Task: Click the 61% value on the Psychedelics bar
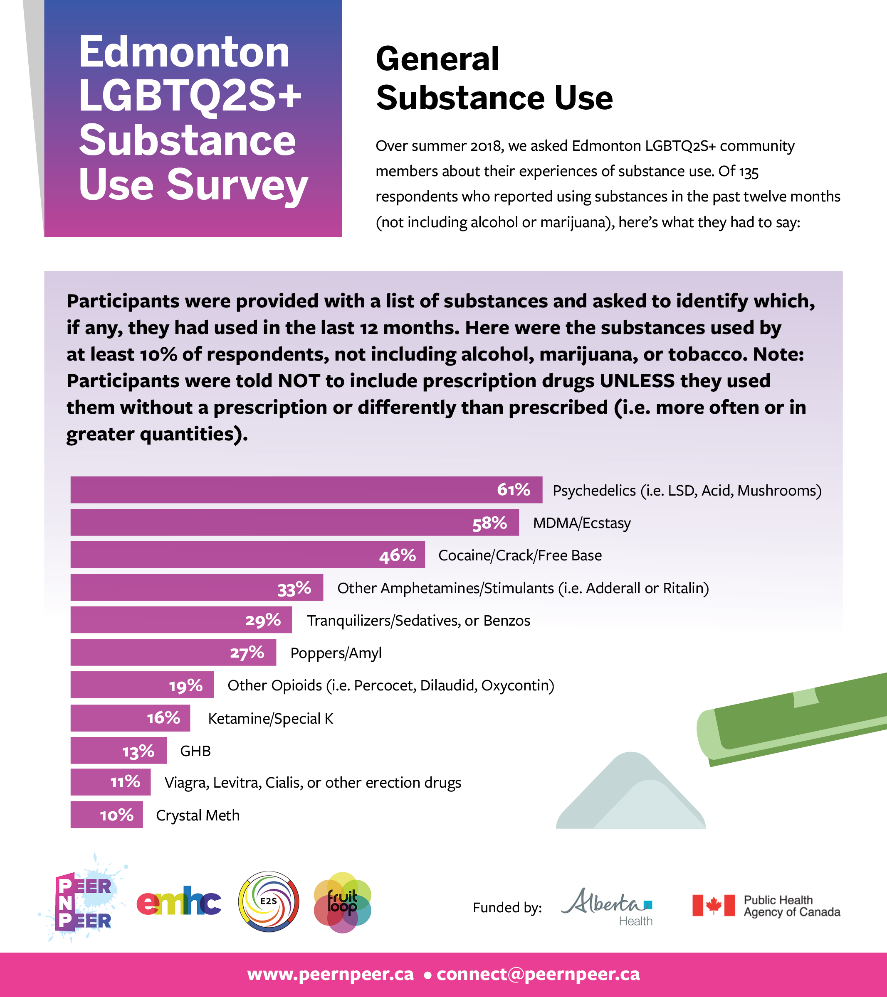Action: point(513,489)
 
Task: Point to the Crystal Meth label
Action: point(198,815)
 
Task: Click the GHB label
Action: point(195,751)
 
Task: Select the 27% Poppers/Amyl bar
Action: point(173,653)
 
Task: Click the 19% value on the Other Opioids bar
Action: point(185,686)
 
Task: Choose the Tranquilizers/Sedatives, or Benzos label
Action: point(418,621)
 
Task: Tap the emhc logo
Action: point(179,901)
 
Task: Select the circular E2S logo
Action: point(269,901)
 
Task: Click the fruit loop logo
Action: point(343,902)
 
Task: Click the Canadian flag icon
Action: point(713,905)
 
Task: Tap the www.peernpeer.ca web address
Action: point(331,974)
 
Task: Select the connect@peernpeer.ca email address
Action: point(538,974)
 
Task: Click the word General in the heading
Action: point(437,59)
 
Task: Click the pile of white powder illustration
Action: point(631,795)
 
